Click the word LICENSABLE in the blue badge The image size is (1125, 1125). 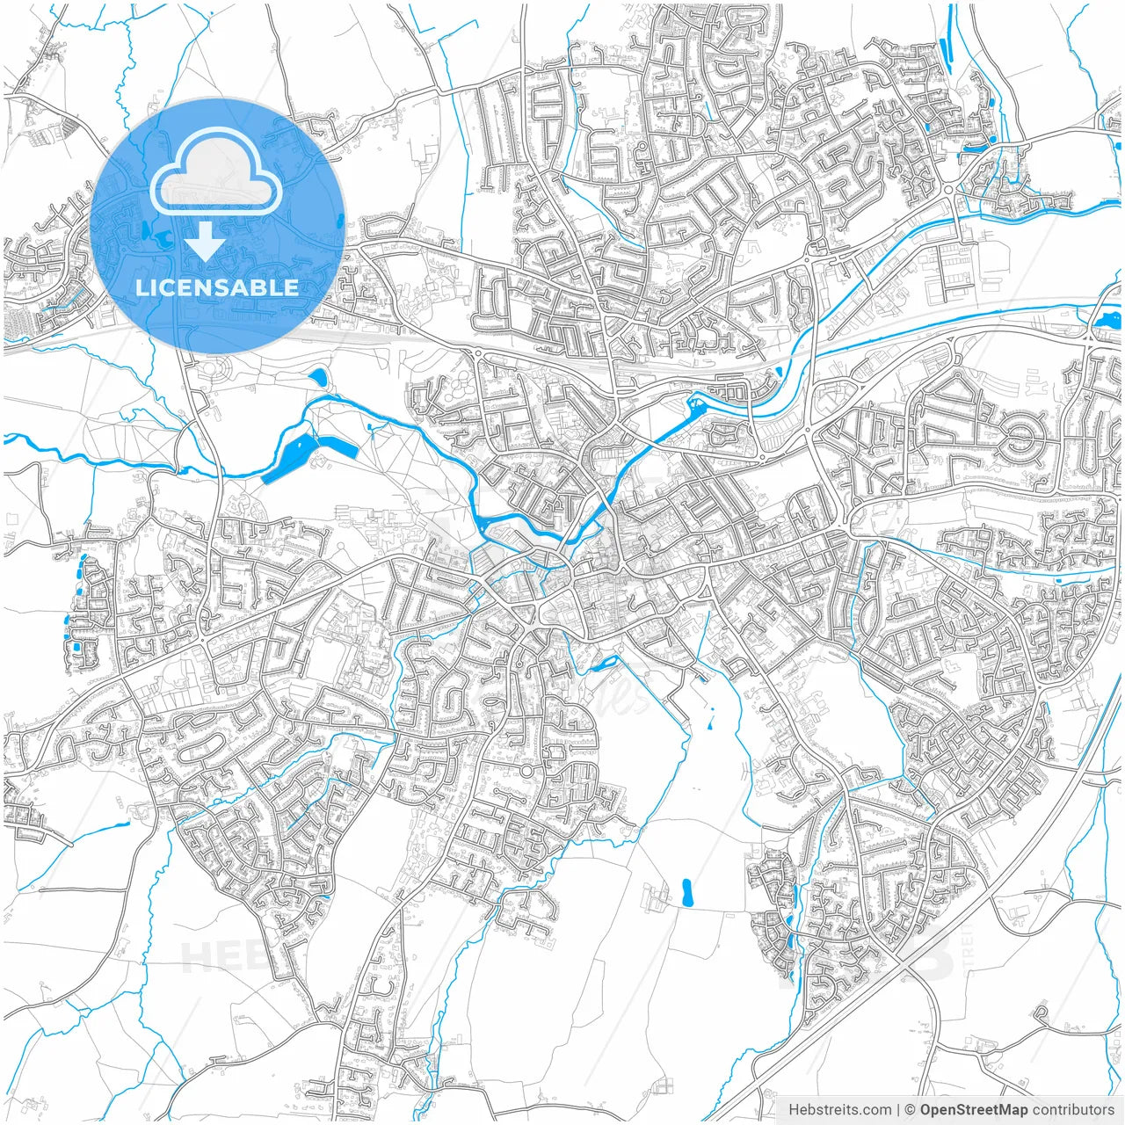[x=217, y=287]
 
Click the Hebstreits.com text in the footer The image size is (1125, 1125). [x=839, y=1109]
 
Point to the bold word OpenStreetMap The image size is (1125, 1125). [x=974, y=1109]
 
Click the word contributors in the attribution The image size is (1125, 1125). [x=1073, y=1109]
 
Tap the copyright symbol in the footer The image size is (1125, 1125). [x=911, y=1109]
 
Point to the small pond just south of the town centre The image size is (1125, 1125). [x=603, y=664]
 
